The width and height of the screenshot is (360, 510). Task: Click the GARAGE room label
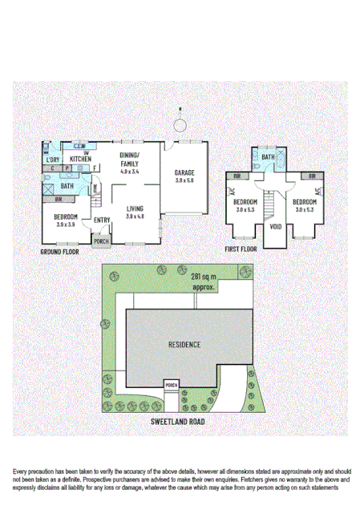tap(184, 172)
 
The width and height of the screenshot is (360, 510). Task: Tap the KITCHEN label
tap(80, 160)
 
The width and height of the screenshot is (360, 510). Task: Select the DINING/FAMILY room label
tap(129, 159)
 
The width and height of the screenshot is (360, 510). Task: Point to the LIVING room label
tap(134, 209)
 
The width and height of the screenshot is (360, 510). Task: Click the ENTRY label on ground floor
tap(102, 221)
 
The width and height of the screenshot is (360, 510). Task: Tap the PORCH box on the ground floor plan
tap(102, 241)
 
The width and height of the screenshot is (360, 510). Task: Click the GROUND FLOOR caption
tap(60, 252)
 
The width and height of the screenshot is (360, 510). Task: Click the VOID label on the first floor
tap(276, 226)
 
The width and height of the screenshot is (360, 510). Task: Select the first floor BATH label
tap(268, 158)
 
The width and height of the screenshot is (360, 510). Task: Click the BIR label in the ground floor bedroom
tap(59, 199)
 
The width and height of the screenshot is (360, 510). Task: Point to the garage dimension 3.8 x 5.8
tap(184, 180)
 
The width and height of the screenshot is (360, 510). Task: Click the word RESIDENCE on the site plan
tap(184, 345)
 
